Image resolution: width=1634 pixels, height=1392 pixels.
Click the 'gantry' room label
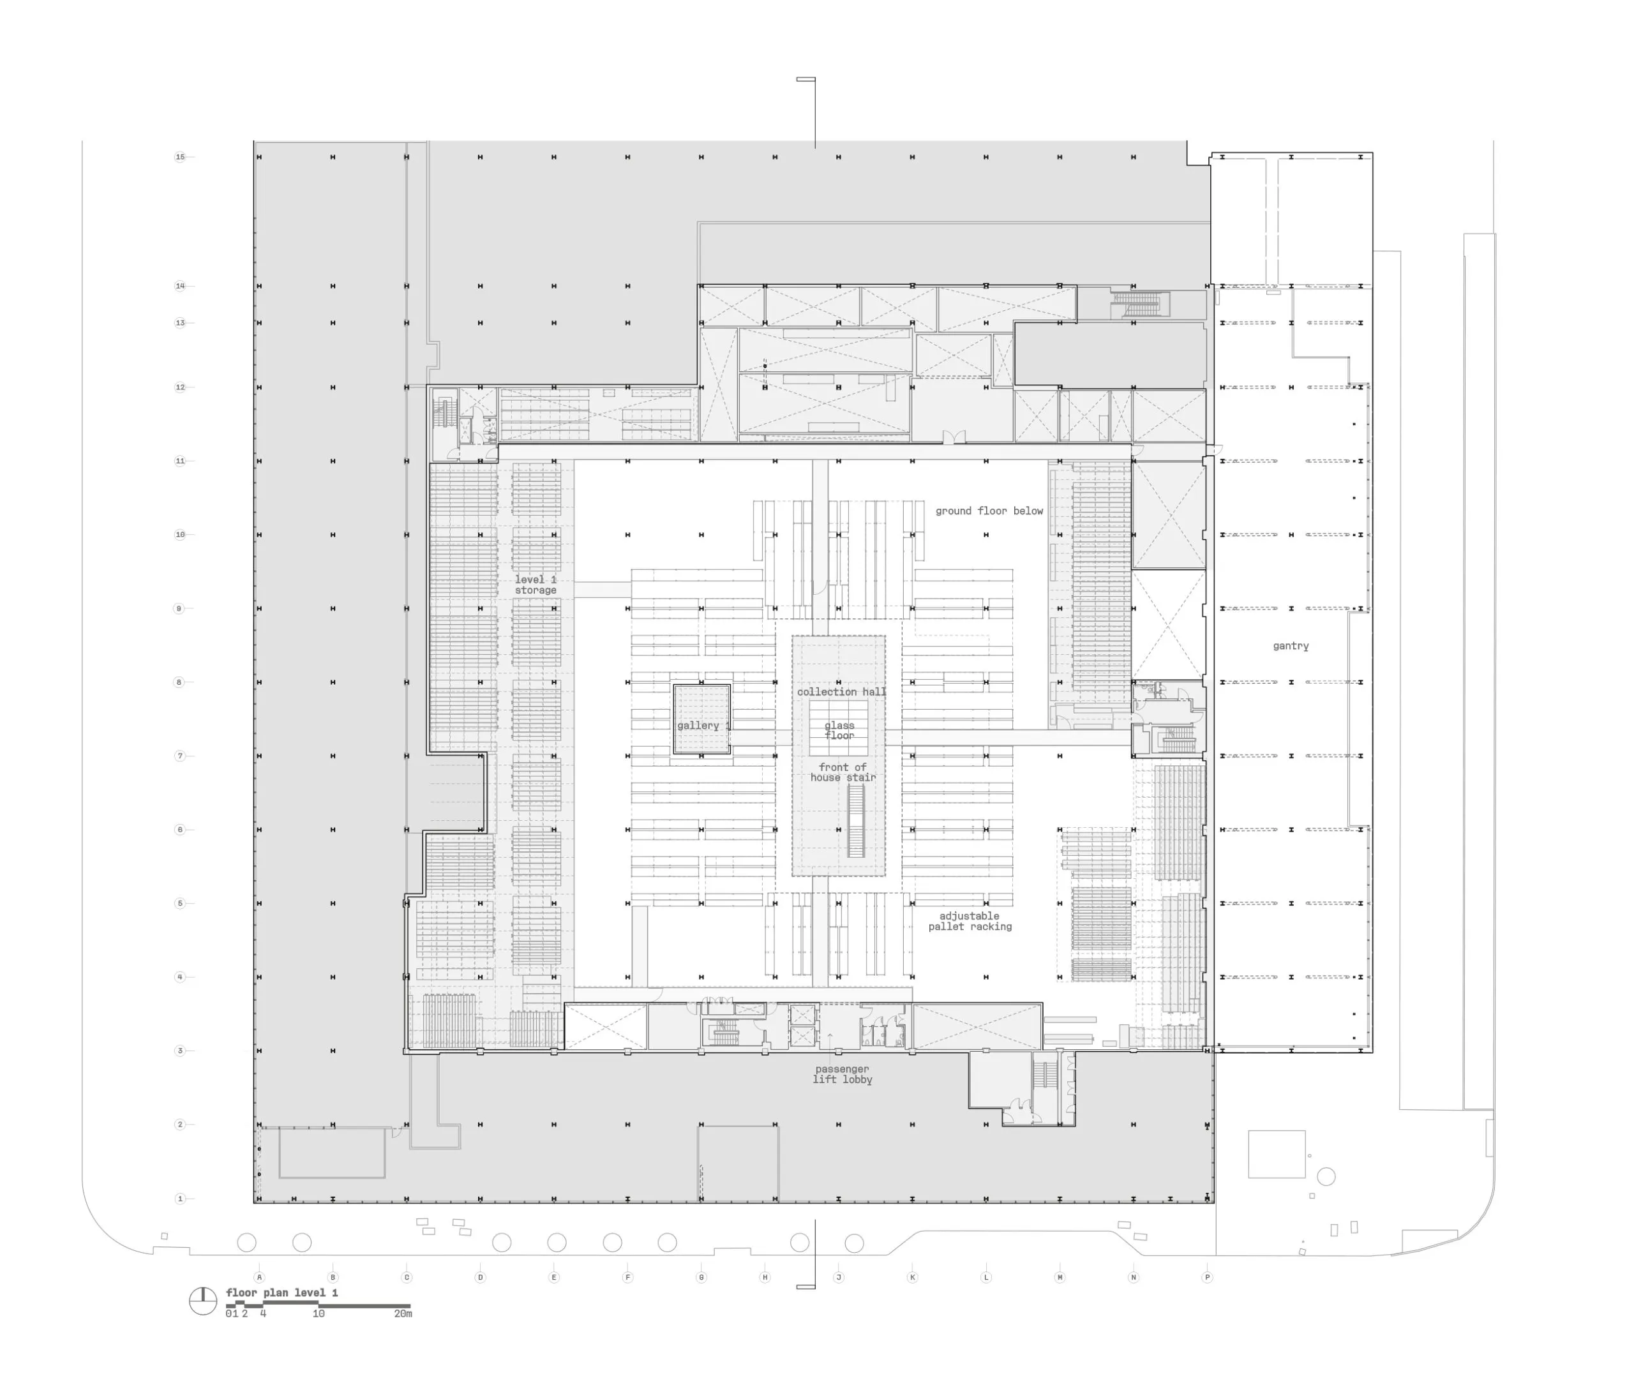tap(1290, 646)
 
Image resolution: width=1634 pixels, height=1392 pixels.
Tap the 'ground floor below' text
tap(989, 511)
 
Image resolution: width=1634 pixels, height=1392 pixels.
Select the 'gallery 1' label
tap(703, 726)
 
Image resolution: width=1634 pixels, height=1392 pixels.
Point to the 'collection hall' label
tap(841, 692)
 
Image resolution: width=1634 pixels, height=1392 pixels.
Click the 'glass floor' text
tap(839, 730)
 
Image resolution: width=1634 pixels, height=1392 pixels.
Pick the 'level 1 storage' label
tap(536, 585)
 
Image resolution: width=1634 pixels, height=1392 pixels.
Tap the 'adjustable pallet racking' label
tap(969, 921)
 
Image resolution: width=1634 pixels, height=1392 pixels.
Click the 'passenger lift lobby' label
tap(843, 1074)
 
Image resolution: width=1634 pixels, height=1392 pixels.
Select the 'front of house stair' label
tap(843, 772)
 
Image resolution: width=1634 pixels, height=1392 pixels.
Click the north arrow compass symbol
tap(203, 1301)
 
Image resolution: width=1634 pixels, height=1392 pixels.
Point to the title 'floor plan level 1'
tap(281, 1292)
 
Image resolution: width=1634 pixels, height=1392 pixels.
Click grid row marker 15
tap(180, 157)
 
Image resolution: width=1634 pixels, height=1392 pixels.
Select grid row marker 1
tap(180, 1199)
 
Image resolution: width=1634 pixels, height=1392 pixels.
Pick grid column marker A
tap(259, 1277)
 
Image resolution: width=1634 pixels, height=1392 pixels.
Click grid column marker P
tap(1206, 1277)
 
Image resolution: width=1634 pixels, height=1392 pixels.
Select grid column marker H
tap(764, 1277)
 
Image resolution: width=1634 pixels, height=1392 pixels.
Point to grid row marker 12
tap(180, 387)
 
